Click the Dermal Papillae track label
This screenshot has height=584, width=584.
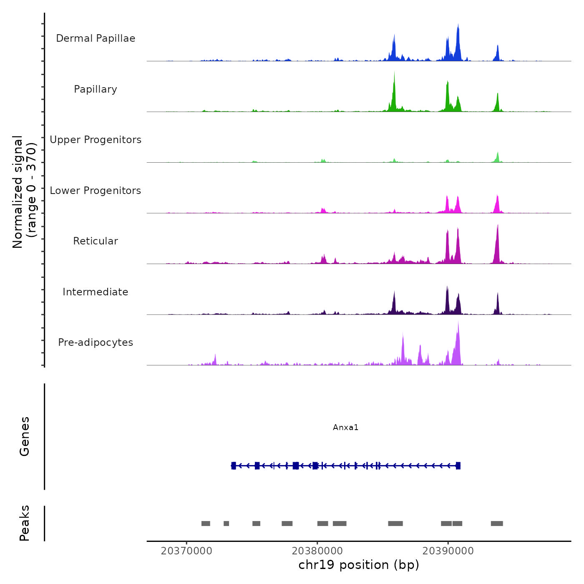tap(96, 38)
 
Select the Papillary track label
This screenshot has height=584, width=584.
tap(96, 89)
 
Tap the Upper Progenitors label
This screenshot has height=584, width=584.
tap(96, 140)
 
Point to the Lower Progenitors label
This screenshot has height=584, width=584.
tap(96, 191)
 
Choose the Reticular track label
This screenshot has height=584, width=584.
tap(96, 241)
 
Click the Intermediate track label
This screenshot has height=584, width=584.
tap(96, 292)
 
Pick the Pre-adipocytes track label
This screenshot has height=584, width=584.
tap(96, 342)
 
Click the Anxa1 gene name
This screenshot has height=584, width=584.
tap(345, 428)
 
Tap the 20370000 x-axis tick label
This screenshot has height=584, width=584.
tap(186, 551)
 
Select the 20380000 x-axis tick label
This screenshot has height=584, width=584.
tap(317, 551)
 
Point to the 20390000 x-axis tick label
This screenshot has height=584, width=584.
tap(448, 551)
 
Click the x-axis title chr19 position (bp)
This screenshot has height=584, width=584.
tap(359, 565)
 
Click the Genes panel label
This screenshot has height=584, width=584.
tap(25, 436)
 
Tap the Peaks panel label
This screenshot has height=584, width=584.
tap(25, 523)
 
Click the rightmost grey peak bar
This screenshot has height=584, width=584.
tap(497, 524)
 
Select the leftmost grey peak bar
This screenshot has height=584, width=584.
tap(206, 524)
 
